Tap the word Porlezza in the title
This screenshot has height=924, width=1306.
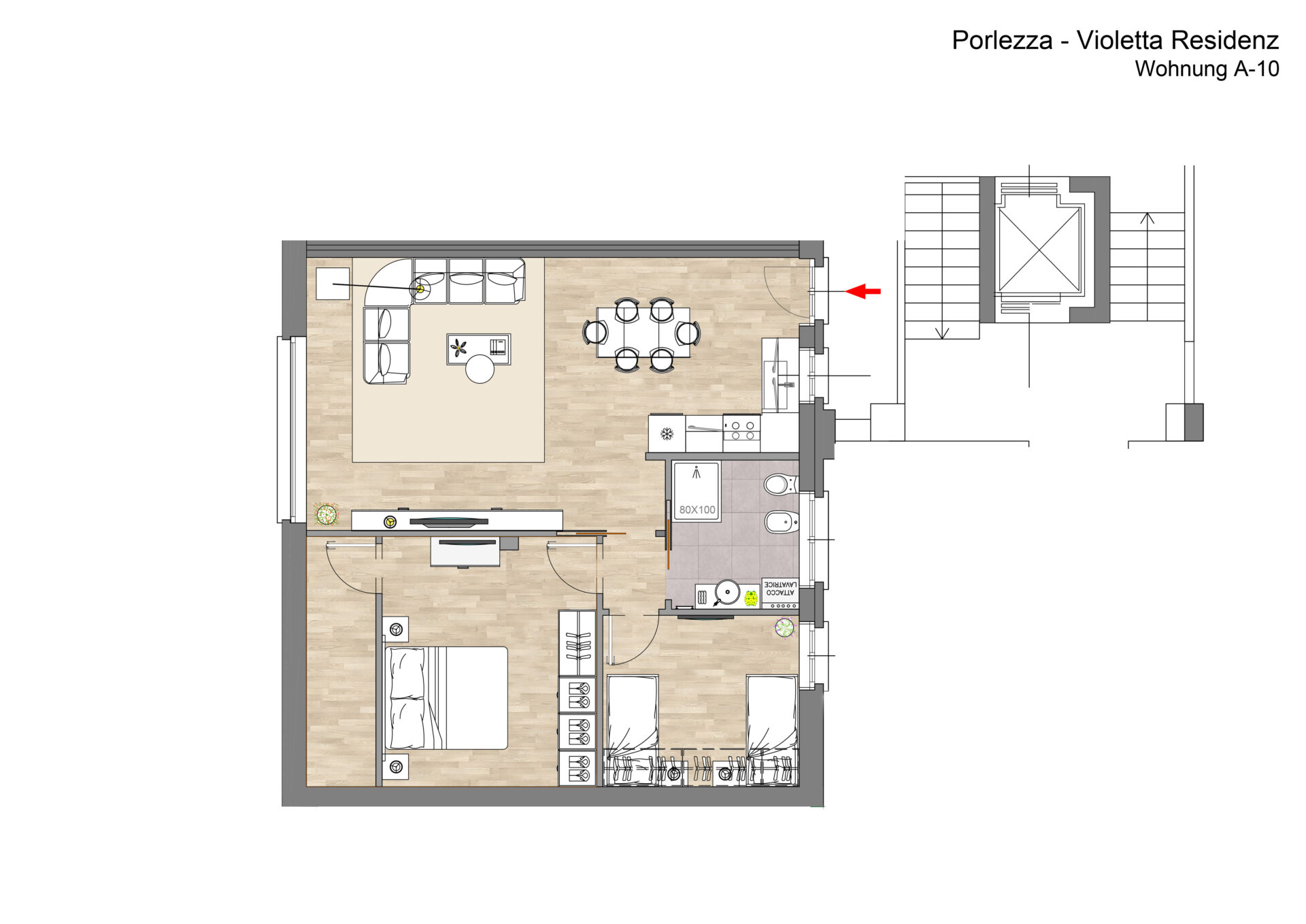[1003, 40]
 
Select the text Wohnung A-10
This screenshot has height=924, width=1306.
[1207, 69]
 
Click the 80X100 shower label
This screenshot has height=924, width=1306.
[697, 510]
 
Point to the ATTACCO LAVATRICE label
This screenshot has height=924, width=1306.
[780, 589]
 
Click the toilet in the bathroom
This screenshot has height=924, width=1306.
[780, 485]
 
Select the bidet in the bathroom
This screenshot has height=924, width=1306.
[781, 523]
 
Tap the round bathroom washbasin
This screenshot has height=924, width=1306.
[727, 592]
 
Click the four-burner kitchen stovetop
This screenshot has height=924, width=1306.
[741, 431]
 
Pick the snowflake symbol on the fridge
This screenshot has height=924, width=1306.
[667, 433]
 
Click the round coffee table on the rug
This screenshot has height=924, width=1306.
[480, 369]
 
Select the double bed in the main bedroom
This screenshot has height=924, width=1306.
[446, 698]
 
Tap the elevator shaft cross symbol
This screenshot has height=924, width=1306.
[1039, 250]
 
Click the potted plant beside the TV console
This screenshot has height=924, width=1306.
[326, 514]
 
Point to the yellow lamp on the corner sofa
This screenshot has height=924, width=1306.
[420, 289]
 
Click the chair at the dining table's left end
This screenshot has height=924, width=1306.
[595, 333]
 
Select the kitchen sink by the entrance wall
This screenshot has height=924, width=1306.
[780, 375]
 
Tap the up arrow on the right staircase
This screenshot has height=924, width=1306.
[1147, 218]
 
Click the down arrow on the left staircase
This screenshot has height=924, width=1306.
[942, 333]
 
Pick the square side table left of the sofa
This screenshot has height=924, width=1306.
[333, 284]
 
